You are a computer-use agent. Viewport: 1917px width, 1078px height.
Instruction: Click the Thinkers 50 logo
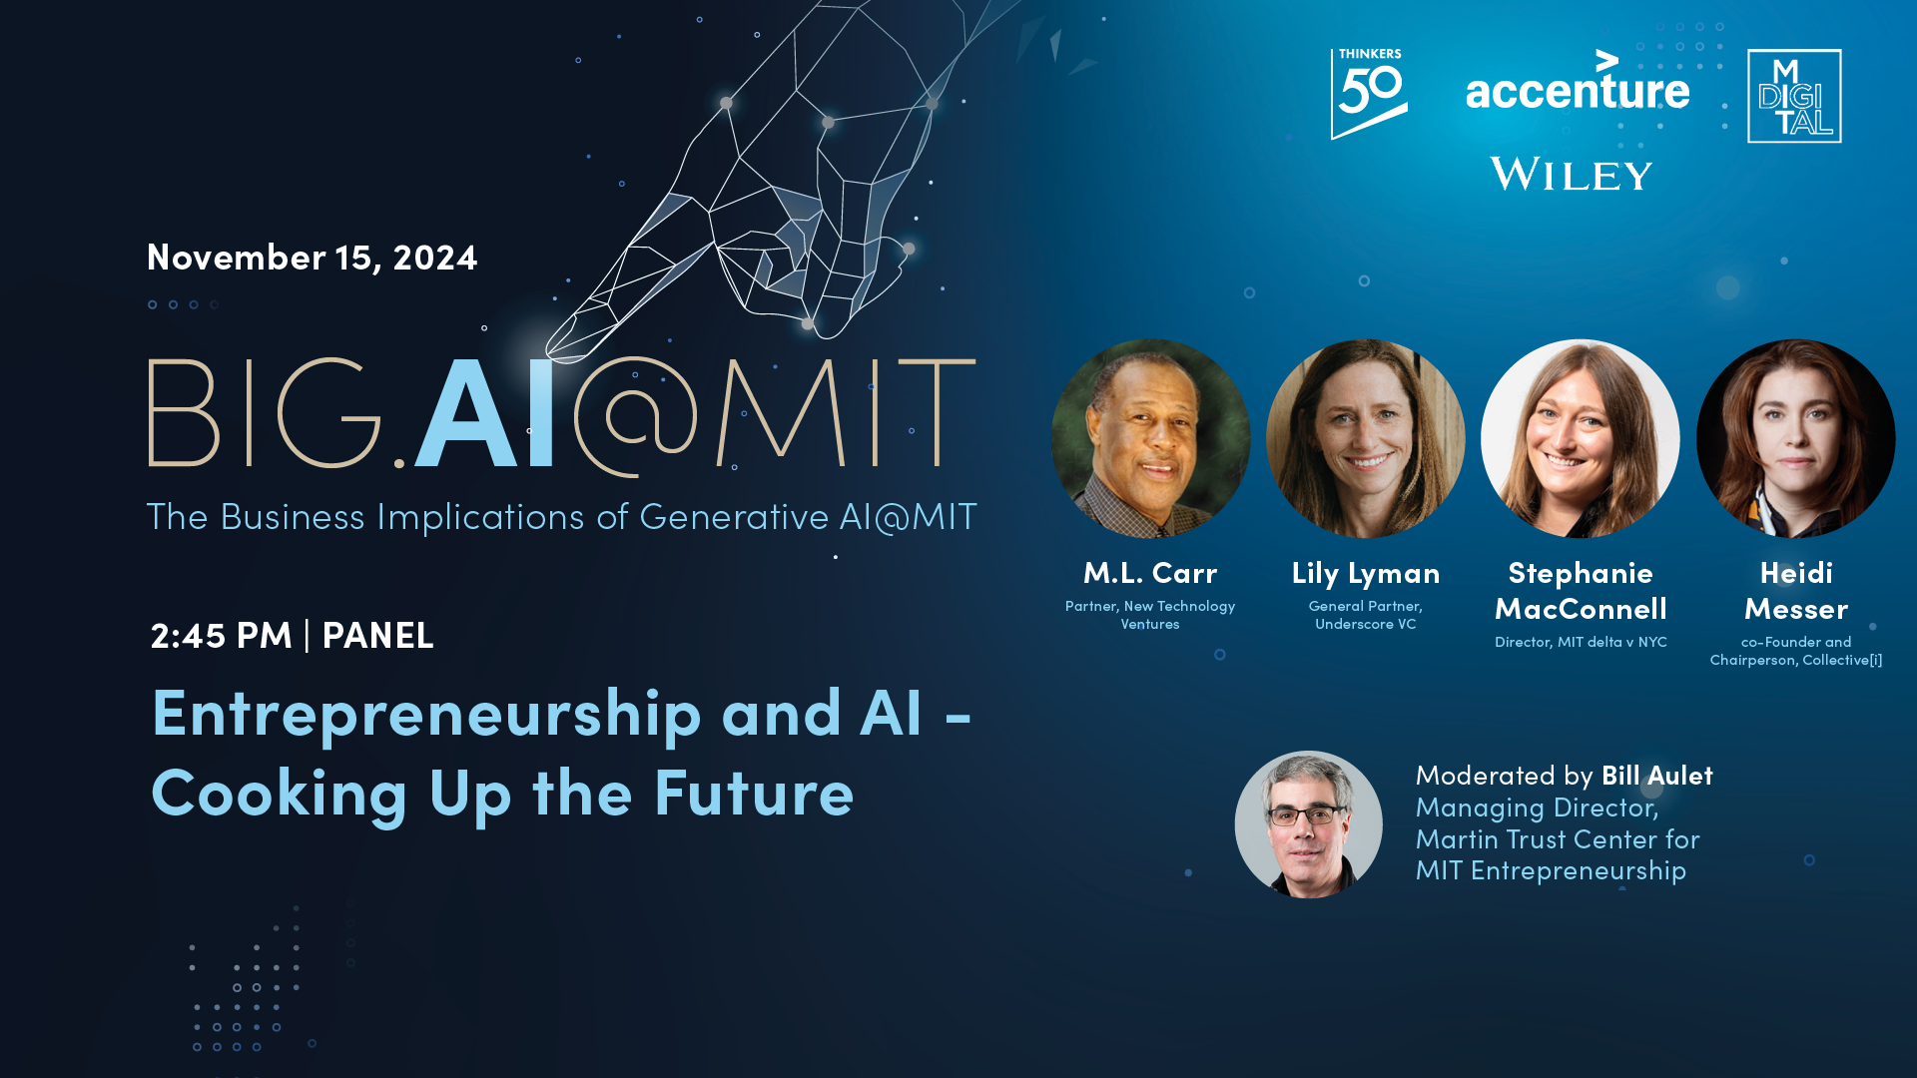pos(1369,94)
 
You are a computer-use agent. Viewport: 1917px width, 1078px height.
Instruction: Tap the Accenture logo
pos(1578,81)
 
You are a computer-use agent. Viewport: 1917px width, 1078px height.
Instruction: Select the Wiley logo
pos(1572,174)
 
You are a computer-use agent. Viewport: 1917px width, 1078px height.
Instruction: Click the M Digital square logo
pos(1794,96)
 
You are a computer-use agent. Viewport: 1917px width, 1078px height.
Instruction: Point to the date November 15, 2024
pos(313,258)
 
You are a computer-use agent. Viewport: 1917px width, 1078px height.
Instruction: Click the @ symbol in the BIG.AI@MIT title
pos(635,416)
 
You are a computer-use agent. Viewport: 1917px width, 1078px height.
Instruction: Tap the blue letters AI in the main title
pos(485,412)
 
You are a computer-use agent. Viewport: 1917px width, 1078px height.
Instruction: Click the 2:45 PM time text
pos(221,635)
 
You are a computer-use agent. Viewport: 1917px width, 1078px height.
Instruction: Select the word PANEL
pos(377,635)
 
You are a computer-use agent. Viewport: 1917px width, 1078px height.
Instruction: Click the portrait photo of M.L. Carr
pos(1150,438)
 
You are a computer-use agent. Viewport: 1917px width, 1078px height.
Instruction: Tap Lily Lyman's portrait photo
pos(1365,438)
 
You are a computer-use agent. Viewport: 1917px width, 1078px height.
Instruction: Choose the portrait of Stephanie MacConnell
pos(1581,438)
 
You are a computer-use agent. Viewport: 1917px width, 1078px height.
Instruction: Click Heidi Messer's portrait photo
pos(1795,438)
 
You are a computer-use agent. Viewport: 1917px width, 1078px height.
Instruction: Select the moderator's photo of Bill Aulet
pos(1308,824)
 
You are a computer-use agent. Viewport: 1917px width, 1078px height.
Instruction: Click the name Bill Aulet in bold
pos(1657,776)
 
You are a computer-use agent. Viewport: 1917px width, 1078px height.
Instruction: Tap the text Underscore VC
pos(1365,624)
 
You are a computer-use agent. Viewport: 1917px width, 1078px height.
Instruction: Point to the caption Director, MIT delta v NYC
pos(1581,642)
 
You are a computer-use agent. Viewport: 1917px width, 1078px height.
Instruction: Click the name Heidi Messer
pos(1796,591)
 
